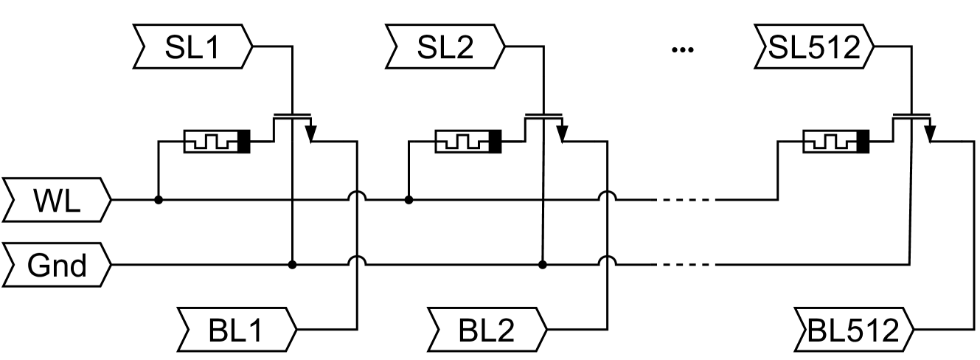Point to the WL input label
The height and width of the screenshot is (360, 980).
click(x=57, y=199)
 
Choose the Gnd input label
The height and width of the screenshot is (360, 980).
click(x=57, y=264)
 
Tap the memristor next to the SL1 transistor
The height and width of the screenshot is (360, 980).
click(x=217, y=141)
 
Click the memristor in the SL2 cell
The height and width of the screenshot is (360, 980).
click(x=468, y=141)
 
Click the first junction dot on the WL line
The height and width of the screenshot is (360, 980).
click(x=158, y=199)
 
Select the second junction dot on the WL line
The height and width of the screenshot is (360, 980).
click(x=409, y=199)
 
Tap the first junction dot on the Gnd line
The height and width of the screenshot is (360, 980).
click(x=292, y=264)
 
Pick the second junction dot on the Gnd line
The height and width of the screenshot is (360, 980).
click(x=543, y=264)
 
